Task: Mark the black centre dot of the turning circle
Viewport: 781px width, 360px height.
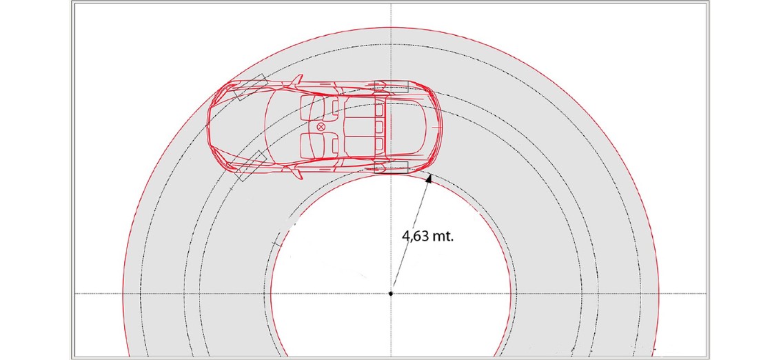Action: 391,294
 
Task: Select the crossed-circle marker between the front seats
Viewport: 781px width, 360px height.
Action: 321,127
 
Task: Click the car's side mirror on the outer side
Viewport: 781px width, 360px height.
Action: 297,80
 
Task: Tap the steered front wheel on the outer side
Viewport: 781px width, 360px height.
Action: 249,88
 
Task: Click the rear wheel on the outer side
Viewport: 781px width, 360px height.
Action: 391,87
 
